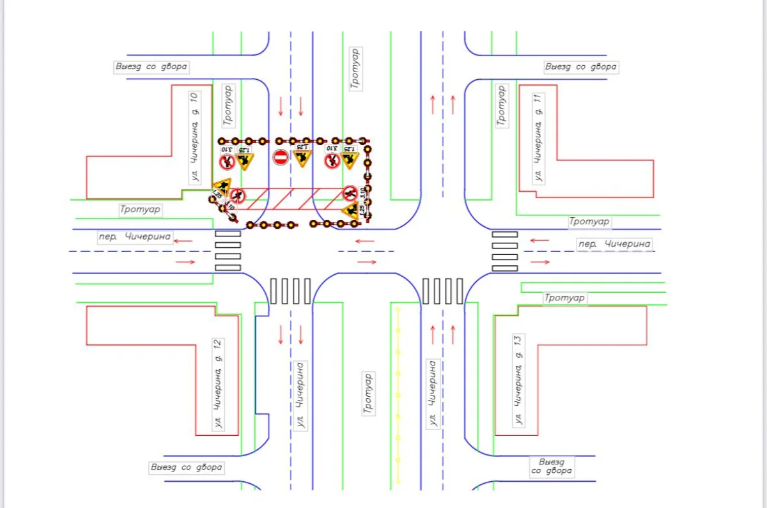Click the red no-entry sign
281,157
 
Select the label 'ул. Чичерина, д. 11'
538,137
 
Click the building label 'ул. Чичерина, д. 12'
219,384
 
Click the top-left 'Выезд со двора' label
151,67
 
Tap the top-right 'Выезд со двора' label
580,66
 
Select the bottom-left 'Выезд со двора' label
187,467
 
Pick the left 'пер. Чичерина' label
136,237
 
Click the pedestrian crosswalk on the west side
228,250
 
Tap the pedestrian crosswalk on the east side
504,250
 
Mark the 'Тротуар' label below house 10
141,209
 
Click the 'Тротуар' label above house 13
564,298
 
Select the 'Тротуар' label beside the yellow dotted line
368,394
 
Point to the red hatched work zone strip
294,199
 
